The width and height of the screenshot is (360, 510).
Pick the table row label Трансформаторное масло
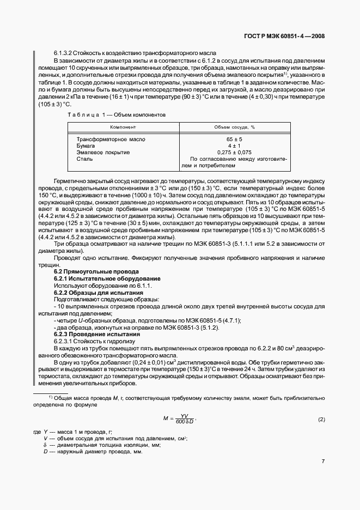[x=111, y=139]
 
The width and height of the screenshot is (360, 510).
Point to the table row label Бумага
[x=86, y=146]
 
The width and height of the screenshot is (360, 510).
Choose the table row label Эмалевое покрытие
[x=103, y=153]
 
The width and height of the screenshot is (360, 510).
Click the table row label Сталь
[x=85, y=159]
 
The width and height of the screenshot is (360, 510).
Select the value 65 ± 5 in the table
[x=234, y=139]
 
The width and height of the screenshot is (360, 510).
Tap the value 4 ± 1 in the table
[x=234, y=146]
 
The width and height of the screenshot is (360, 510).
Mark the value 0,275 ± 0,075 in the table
[x=234, y=153]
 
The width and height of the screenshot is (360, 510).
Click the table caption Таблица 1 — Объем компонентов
[x=116, y=115]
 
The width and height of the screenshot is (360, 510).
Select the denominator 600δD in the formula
[x=185, y=423]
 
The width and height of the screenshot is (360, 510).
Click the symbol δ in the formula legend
[x=45, y=445]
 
